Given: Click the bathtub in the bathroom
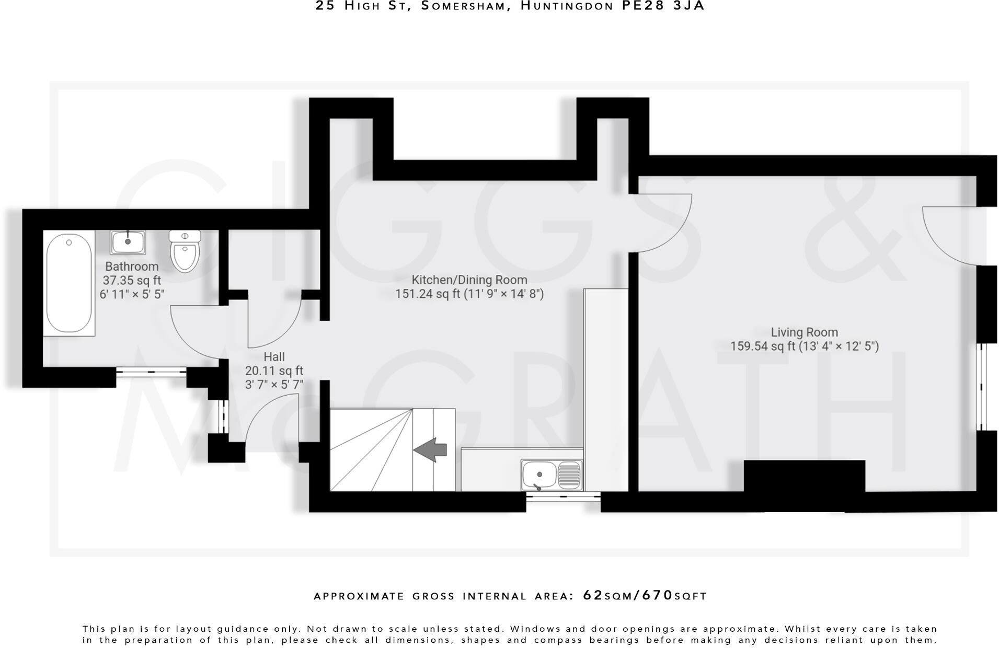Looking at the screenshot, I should (x=69, y=283).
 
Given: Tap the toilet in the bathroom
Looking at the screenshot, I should (x=185, y=251).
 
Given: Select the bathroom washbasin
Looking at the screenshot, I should (x=128, y=242).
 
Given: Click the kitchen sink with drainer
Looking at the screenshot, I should (x=552, y=475).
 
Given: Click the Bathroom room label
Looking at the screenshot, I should (x=132, y=267).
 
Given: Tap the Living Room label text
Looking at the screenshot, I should (x=804, y=332).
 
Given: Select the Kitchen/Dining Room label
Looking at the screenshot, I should (x=469, y=280).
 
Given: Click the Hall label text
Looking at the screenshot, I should (x=274, y=357).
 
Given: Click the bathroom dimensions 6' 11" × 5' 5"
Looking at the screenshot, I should (x=132, y=294).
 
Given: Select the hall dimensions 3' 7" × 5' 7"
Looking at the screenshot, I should (x=274, y=385).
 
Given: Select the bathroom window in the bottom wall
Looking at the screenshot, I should (x=151, y=372).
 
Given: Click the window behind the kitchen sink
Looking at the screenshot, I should (x=563, y=497).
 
